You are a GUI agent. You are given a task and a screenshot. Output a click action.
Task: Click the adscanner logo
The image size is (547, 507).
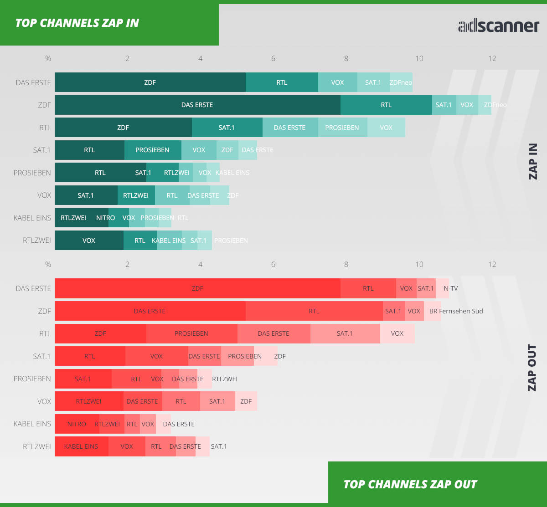tap(498, 26)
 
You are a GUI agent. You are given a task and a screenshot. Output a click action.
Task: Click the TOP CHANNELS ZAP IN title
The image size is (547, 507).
tap(77, 23)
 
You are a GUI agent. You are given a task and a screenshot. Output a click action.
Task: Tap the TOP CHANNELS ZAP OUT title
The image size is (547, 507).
tap(410, 484)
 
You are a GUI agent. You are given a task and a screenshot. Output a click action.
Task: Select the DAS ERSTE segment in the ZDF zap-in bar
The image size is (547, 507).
tap(197, 105)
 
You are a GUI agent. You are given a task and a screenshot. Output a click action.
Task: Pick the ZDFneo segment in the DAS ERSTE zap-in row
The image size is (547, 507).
tap(401, 82)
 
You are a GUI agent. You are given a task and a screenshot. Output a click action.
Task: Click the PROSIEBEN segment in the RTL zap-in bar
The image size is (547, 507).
tap(342, 128)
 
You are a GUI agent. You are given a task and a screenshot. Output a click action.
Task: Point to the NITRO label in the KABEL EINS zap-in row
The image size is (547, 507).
tap(105, 218)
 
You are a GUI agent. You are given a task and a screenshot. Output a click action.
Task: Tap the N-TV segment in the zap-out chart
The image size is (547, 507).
tap(450, 288)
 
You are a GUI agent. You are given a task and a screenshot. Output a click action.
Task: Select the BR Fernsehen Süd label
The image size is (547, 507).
tap(456, 311)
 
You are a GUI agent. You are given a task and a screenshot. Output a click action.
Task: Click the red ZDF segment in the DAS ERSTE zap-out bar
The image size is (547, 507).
tap(197, 288)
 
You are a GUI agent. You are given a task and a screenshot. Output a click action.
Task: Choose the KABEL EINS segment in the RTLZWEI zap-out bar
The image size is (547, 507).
tap(81, 446)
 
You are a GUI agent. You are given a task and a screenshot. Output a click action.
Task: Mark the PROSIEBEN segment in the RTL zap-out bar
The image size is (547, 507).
tap(191, 333)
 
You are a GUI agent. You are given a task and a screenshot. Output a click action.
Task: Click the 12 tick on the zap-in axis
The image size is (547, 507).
tap(492, 58)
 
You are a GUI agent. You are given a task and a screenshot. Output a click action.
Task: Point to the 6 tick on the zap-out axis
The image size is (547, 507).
tap(273, 264)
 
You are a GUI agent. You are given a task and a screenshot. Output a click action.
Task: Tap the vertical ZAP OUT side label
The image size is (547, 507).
tap(532, 367)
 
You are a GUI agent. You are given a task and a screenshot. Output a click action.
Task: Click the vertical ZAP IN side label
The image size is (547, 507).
tap(532, 161)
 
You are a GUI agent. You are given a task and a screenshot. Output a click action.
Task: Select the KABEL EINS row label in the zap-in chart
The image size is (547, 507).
tap(32, 218)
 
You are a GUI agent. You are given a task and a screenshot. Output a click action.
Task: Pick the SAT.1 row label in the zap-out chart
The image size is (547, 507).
tap(41, 356)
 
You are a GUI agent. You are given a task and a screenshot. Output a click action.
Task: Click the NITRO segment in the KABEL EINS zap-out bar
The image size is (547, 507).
tap(77, 424)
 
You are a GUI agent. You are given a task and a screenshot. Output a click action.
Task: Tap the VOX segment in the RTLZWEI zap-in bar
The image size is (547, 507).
tap(89, 241)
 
